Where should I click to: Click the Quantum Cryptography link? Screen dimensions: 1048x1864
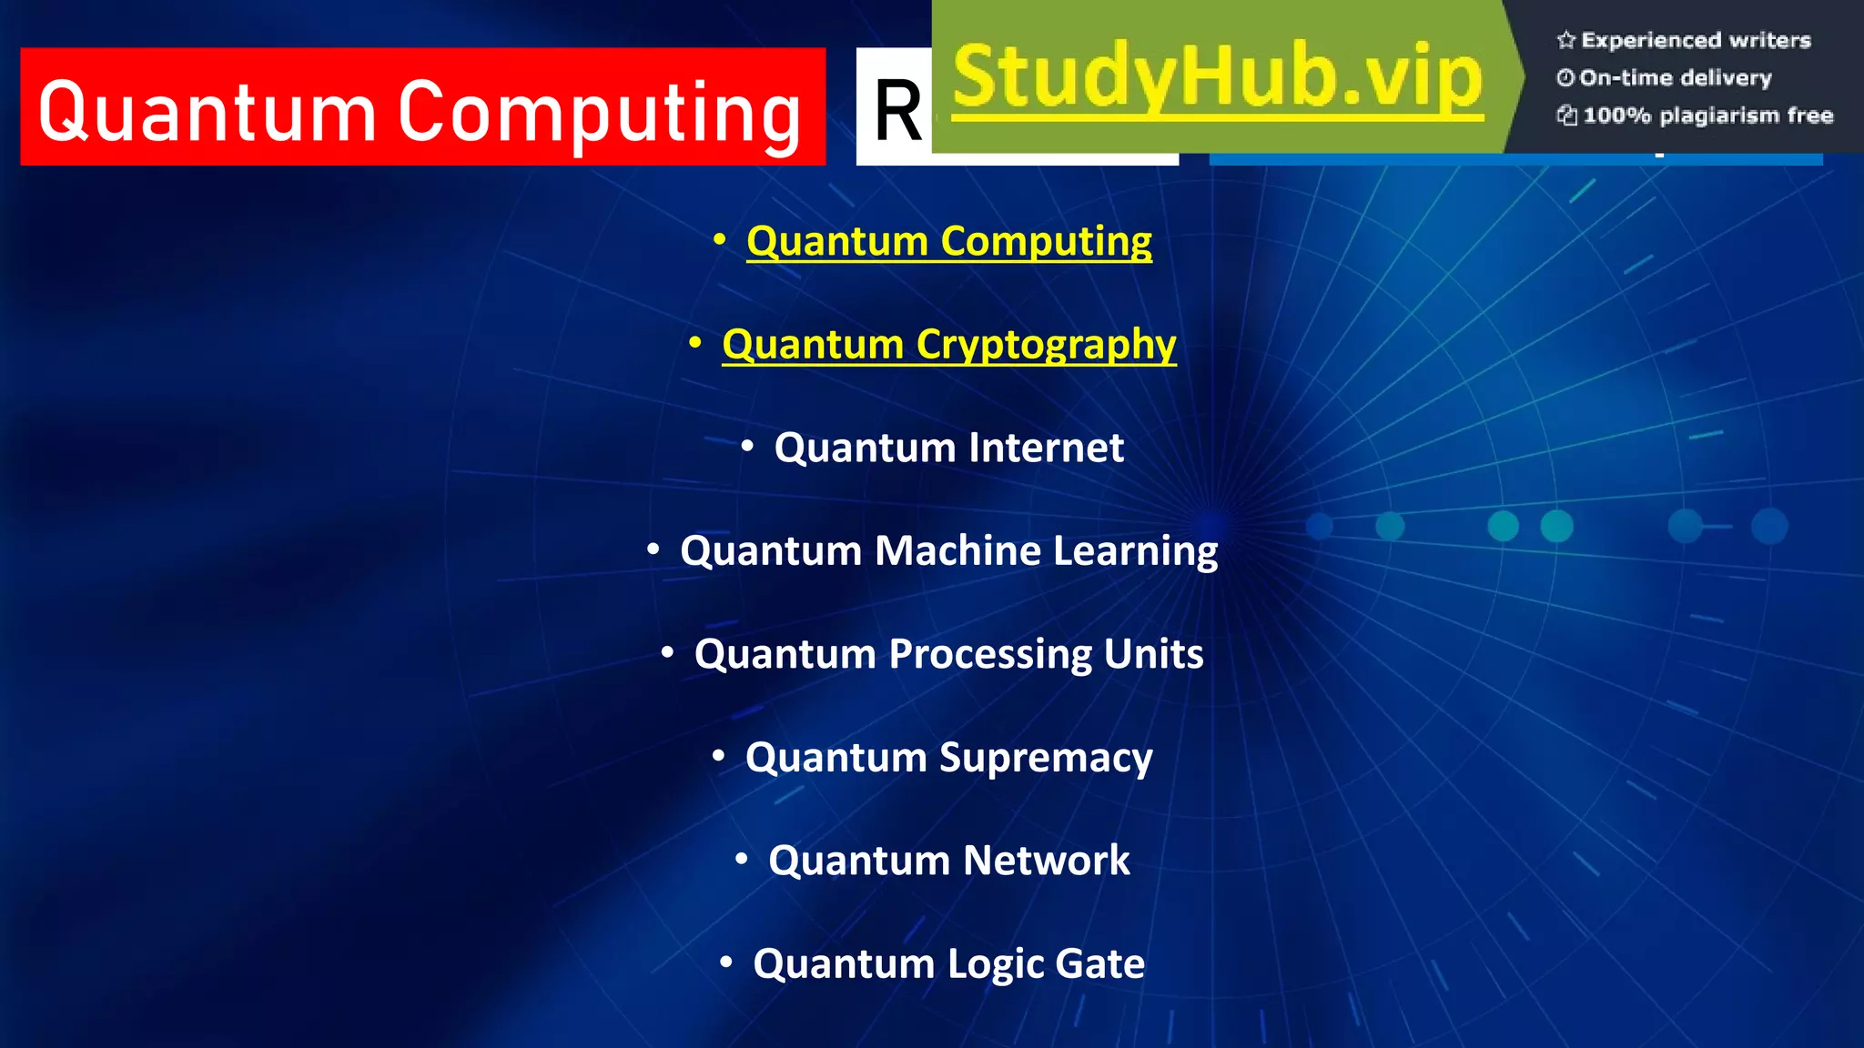948,345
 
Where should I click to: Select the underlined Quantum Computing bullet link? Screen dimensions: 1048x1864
948,242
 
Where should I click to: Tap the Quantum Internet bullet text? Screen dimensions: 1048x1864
948,448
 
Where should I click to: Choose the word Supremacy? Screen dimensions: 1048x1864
1046,758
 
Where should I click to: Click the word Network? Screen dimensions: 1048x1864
1046,861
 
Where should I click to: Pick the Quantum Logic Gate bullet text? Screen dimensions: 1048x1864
948,964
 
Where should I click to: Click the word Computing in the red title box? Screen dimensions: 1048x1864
599,114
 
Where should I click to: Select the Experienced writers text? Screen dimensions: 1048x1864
1695,40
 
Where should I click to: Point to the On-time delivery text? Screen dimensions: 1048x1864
1675,78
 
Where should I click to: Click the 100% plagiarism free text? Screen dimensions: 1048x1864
1707,116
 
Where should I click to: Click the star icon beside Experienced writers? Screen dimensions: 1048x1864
1565,40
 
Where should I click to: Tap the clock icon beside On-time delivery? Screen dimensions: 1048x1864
1565,78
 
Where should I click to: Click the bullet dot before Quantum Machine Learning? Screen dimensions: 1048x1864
653,549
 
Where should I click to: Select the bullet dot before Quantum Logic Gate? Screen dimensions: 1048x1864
725,962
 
